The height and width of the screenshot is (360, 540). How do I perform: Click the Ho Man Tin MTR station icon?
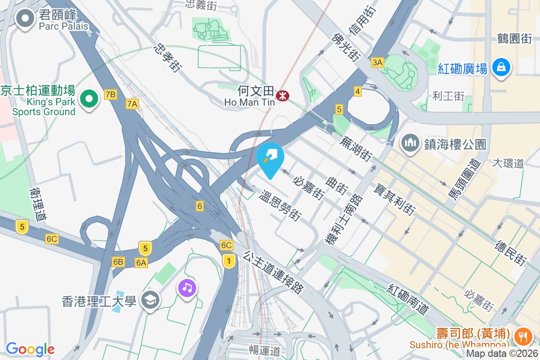(x=283, y=95)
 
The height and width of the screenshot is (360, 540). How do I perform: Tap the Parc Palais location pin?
(x=25, y=19)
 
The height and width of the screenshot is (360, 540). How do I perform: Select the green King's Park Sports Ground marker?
(x=90, y=99)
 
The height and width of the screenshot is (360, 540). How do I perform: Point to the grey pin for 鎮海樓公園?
(x=410, y=144)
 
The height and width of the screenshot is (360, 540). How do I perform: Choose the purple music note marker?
(x=187, y=287)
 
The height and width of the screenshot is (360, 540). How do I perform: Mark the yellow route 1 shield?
(x=229, y=261)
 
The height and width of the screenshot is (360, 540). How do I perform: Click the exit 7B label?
(x=110, y=94)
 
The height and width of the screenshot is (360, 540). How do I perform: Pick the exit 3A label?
(x=377, y=63)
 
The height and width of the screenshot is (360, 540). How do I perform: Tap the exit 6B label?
(x=118, y=262)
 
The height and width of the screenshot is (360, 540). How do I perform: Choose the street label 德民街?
(x=510, y=252)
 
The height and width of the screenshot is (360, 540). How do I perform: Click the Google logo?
(x=30, y=349)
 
